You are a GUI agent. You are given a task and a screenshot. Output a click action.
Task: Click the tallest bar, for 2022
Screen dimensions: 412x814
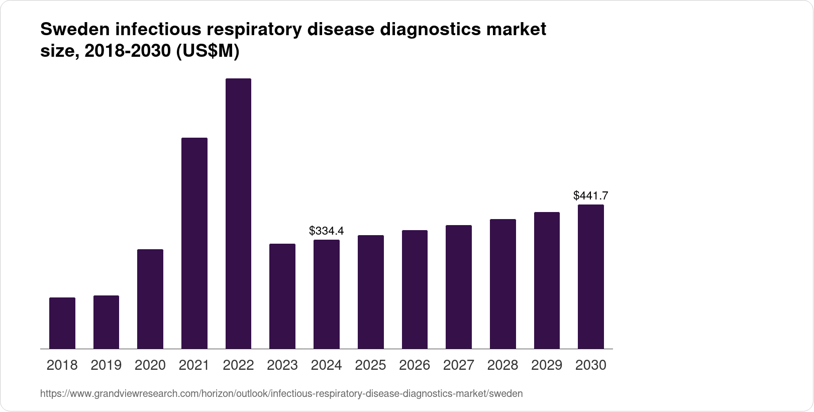[238, 214]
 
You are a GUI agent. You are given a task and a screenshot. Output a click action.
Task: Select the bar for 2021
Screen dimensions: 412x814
[194, 243]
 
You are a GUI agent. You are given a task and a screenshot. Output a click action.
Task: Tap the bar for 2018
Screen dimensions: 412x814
[62, 323]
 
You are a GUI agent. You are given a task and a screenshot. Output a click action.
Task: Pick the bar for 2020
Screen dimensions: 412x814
[150, 299]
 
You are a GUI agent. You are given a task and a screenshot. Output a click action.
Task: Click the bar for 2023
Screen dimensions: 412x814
[282, 296]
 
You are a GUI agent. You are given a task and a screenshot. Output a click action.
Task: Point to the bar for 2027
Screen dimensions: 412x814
[459, 287]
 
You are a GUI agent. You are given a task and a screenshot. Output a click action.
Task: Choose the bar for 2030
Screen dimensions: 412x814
[591, 277]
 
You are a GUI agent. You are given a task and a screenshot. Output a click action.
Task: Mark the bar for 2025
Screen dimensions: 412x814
[371, 292]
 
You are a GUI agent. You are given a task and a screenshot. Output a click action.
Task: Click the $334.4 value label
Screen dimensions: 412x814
[327, 231]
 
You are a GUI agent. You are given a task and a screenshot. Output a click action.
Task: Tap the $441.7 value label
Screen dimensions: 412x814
[591, 196]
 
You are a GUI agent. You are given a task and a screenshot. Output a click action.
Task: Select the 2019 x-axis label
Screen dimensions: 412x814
[106, 365]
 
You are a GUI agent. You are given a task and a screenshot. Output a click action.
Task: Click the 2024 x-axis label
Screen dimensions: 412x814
[327, 365]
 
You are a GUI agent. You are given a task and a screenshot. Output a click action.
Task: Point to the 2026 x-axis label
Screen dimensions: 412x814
[415, 365]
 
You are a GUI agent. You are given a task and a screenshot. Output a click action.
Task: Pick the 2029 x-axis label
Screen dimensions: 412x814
[547, 365]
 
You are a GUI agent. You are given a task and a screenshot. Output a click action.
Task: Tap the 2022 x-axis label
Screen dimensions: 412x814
[238, 365]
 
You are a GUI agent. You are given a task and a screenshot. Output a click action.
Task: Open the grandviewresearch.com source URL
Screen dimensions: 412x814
[281, 394]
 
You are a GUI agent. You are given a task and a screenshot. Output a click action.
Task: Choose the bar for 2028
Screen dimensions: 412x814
[503, 284]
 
